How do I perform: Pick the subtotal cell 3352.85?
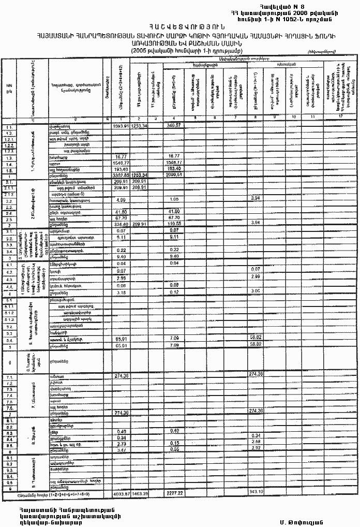[120, 175]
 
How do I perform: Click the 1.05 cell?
[174, 199]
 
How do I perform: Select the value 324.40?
[121, 225]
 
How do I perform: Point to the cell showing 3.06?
[254, 291]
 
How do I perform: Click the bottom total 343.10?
[257, 490]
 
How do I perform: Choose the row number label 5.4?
[9, 342]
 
